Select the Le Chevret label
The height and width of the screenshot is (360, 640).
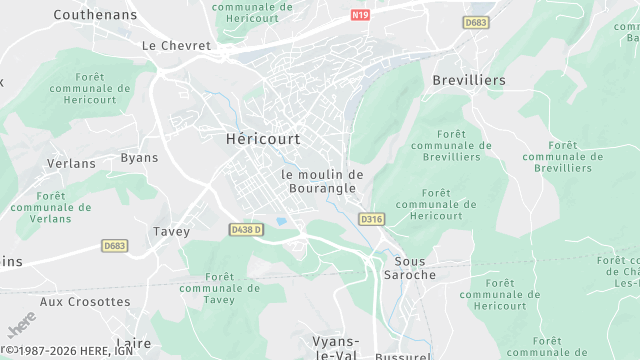point(176,46)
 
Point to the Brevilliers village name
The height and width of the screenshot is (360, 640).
point(469,80)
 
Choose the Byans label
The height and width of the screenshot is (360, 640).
point(139,158)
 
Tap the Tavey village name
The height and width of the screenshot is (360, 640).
point(171,231)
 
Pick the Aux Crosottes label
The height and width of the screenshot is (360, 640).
point(85,301)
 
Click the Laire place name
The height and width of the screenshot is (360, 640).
point(134,343)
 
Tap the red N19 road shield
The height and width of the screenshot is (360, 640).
point(360,16)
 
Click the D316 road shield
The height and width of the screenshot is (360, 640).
point(371,219)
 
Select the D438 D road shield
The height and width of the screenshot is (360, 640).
point(246,230)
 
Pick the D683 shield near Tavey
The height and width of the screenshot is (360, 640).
point(115,245)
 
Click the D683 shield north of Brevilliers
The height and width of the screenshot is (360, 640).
point(475,21)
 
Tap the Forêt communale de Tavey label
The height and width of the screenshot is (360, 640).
point(219,288)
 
